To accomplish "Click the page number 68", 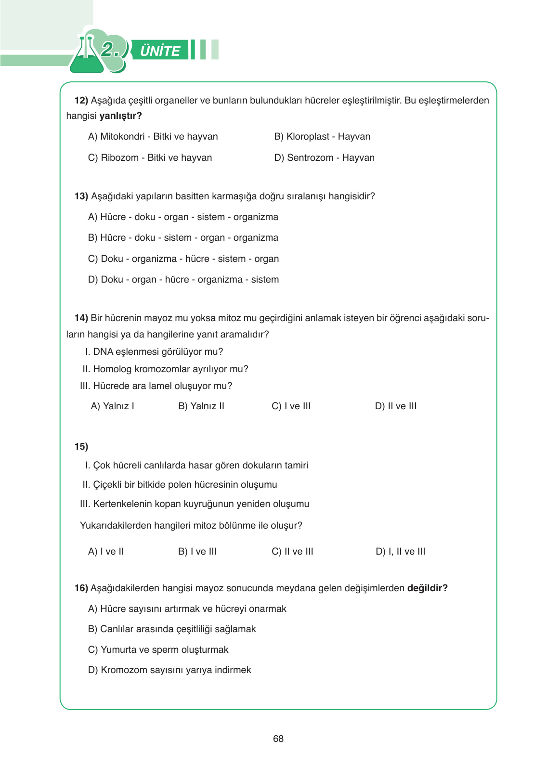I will point(278,739).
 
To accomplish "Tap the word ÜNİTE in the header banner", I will point(160,51).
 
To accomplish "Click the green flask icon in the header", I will point(87,56).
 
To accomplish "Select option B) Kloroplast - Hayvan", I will point(322,137).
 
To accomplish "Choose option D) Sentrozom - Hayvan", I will point(324,158).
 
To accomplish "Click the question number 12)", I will point(81,101).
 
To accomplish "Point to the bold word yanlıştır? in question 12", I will point(120,116).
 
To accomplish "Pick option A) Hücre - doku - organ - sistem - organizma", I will point(183,217).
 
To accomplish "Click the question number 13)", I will point(81,196).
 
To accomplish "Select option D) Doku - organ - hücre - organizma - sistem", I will point(183,280).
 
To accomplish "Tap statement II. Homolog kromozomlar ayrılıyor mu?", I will point(165,369).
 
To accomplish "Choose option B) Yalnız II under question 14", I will point(201,406).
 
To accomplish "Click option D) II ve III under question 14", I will point(395,406).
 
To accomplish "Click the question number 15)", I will point(81,447).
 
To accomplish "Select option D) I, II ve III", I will point(400,552).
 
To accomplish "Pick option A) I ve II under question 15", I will point(106,552).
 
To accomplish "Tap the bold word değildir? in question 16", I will point(427,588).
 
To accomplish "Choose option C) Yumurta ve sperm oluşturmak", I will point(158,650).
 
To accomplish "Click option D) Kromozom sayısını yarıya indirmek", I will point(169,670).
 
